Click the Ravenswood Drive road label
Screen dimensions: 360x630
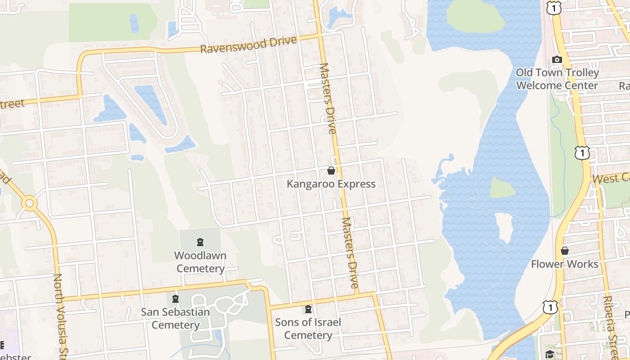[x=248, y=45]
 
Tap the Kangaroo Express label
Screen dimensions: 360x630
[x=331, y=184]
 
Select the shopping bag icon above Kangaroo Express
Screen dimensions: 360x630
[x=331, y=171]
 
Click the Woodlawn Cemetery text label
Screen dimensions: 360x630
[x=200, y=262]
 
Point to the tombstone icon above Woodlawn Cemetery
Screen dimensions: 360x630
[x=200, y=243]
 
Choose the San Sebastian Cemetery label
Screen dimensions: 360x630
[x=175, y=318]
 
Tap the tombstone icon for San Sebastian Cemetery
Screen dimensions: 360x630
[x=175, y=299]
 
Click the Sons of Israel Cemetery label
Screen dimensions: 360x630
[x=308, y=328]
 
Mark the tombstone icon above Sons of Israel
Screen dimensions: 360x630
[x=308, y=309]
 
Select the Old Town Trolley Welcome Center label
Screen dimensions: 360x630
[x=557, y=79]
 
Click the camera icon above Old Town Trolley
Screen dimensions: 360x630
[x=557, y=60]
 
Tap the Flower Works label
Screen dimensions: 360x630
[x=565, y=264]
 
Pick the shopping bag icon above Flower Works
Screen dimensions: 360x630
[x=565, y=251]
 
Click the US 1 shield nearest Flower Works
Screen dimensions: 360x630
[x=550, y=307]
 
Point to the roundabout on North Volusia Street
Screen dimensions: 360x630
[x=30, y=203]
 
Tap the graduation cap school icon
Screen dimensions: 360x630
[x=549, y=354]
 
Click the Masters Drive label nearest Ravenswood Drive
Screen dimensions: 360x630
[x=328, y=99]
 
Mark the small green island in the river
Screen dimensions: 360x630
[x=502, y=187]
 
